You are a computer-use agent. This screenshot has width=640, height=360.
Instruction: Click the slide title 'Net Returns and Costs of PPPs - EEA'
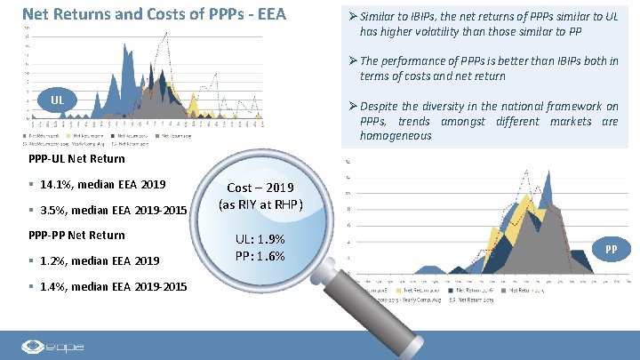coord(152,14)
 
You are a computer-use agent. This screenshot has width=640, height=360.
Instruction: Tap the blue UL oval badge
coord(56,98)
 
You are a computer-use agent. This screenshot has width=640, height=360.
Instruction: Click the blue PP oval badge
coord(611,250)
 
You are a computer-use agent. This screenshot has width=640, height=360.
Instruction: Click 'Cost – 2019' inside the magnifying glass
coord(265,188)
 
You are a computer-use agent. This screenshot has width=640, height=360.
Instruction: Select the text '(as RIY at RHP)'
coord(265,205)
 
